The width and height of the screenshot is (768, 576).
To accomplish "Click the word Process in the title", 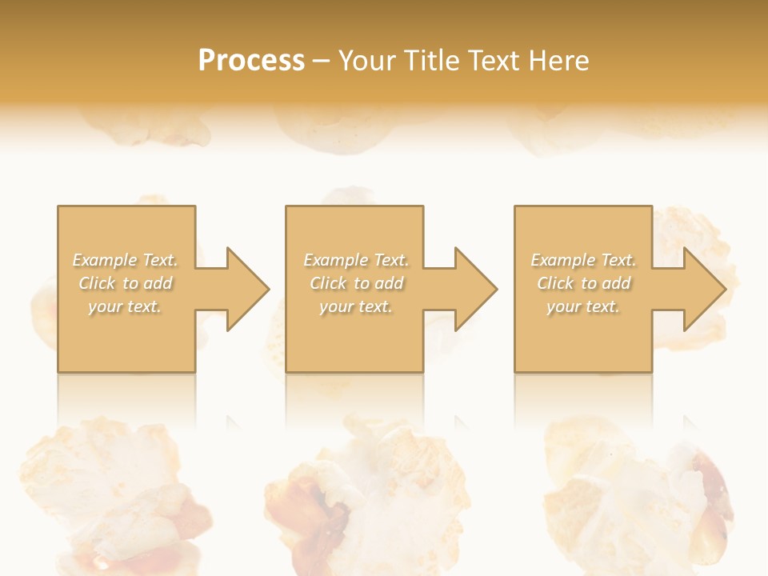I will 251,61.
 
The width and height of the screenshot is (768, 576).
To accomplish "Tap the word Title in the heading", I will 431,61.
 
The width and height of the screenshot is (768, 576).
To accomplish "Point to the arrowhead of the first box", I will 244,289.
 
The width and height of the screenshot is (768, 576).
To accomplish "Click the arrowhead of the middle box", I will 473,289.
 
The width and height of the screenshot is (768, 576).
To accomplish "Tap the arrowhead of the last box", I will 702,289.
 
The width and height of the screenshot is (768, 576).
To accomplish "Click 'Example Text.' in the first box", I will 126,260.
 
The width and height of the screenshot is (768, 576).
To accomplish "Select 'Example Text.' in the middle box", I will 356,260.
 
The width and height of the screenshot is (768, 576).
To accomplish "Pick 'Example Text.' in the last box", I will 583,260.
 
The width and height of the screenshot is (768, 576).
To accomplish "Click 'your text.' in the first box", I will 125,306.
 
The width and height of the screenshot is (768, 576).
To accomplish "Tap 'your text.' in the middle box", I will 355,306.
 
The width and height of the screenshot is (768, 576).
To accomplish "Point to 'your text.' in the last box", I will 582,306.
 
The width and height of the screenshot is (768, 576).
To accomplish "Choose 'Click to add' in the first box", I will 126,283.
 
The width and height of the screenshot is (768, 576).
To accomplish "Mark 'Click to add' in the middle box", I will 356,283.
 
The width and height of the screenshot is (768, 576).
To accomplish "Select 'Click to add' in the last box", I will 583,283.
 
